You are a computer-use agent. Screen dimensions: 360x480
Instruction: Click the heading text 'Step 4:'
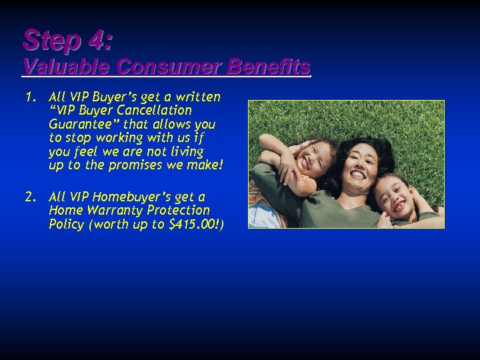coord(67,41)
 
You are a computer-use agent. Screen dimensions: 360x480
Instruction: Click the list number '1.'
coord(30,97)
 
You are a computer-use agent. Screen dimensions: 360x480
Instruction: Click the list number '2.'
coord(30,197)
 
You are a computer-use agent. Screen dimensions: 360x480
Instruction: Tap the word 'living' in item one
coord(187,151)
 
